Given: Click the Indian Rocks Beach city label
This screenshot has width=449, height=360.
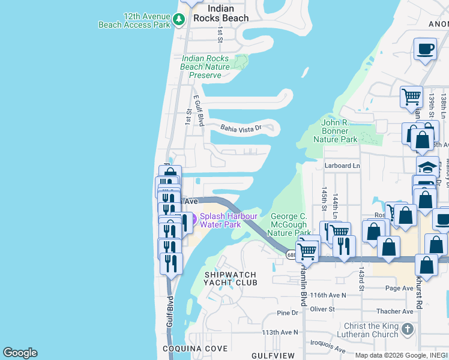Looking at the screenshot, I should [228, 13].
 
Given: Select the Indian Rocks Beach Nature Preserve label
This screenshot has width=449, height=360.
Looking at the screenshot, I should [205, 67].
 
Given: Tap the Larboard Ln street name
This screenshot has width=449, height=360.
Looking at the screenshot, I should [342, 166].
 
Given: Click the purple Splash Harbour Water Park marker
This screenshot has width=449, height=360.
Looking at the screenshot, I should [187, 221].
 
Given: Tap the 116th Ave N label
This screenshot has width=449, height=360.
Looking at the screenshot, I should [329, 296].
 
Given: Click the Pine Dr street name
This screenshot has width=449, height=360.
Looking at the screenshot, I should [288, 313].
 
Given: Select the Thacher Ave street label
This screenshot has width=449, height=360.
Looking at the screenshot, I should [394, 311].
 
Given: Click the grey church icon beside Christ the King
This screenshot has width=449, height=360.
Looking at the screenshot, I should [407, 329].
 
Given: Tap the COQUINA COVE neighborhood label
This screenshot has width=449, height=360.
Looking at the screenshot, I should [195, 349].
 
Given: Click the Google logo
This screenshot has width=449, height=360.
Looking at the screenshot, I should [20, 353].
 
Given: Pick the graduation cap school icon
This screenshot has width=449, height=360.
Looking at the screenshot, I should [427, 166].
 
